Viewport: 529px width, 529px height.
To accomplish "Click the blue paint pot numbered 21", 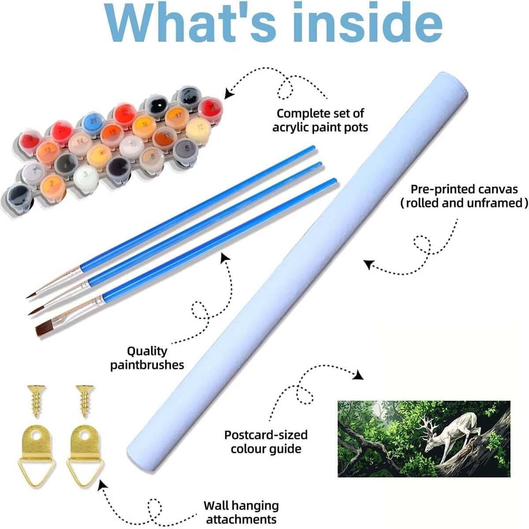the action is coord(93,122).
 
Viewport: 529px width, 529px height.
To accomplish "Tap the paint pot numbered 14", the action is coord(80,143).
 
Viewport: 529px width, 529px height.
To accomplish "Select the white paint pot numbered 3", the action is coord(86,176).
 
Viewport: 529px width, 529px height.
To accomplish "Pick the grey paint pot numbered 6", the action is coord(186,150).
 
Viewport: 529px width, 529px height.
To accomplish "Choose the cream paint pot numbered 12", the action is coord(198,129).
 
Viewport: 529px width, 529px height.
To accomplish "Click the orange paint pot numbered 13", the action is coord(48,151).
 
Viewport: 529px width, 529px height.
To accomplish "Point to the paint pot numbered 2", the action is coord(52,186).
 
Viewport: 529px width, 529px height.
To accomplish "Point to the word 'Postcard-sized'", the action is coord(266,435).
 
